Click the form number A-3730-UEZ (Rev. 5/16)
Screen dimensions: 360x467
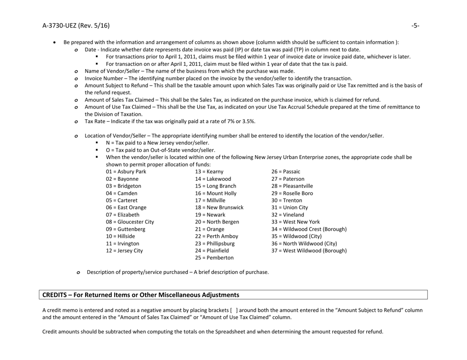click(x=76, y=25)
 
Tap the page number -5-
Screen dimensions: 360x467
click(x=415, y=25)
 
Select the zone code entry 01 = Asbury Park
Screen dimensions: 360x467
click(x=125, y=171)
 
